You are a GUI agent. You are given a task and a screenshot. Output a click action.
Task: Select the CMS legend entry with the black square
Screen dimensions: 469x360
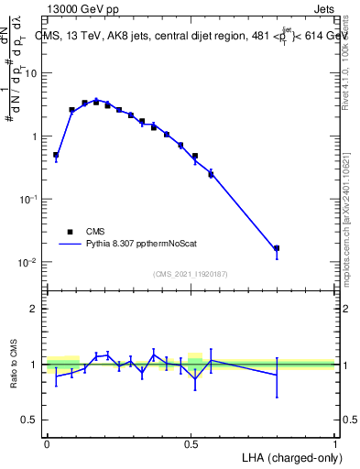pyautogui.click(x=71, y=232)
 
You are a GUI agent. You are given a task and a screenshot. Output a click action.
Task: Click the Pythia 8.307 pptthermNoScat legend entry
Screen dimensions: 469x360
pyautogui.click(x=128, y=245)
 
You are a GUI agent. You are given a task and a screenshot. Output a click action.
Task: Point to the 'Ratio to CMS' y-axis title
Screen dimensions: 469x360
pyautogui.click(x=13, y=364)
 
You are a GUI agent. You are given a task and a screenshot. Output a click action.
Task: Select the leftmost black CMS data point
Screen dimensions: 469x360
pyautogui.click(x=56, y=156)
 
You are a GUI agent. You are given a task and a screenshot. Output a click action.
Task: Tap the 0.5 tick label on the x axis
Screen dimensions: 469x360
pyautogui.click(x=191, y=442)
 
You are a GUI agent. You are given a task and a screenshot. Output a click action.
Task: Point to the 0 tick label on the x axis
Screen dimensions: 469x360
pyautogui.click(x=47, y=442)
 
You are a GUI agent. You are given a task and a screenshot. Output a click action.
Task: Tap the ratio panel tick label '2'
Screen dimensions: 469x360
pyautogui.click(x=34, y=309)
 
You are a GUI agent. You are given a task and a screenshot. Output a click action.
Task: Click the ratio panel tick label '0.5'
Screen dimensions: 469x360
pyautogui.click(x=29, y=420)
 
